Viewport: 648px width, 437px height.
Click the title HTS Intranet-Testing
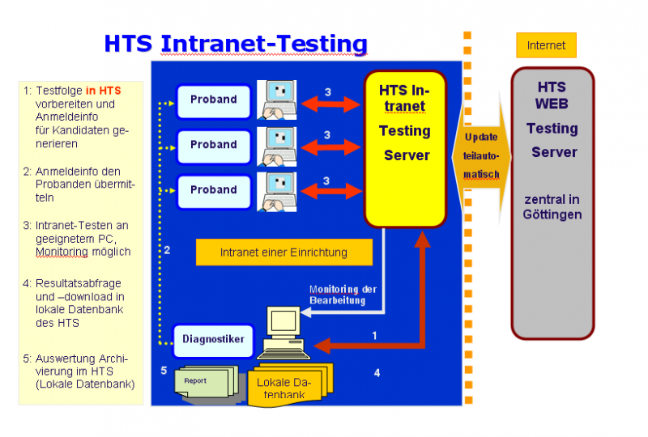coord(235,44)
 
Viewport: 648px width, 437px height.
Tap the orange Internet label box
coord(546,45)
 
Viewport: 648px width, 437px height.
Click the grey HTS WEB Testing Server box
coord(553,202)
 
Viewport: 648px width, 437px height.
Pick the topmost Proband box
coord(213,100)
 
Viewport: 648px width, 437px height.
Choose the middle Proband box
coord(213,145)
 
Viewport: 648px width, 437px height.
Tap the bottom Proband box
coord(213,190)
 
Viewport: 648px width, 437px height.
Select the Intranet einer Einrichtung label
coord(283,252)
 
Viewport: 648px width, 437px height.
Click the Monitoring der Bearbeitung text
coord(343,295)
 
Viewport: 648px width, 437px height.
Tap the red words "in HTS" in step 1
coord(103,91)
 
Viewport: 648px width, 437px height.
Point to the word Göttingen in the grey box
coord(552,214)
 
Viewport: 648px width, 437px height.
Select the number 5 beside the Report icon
coord(164,371)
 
